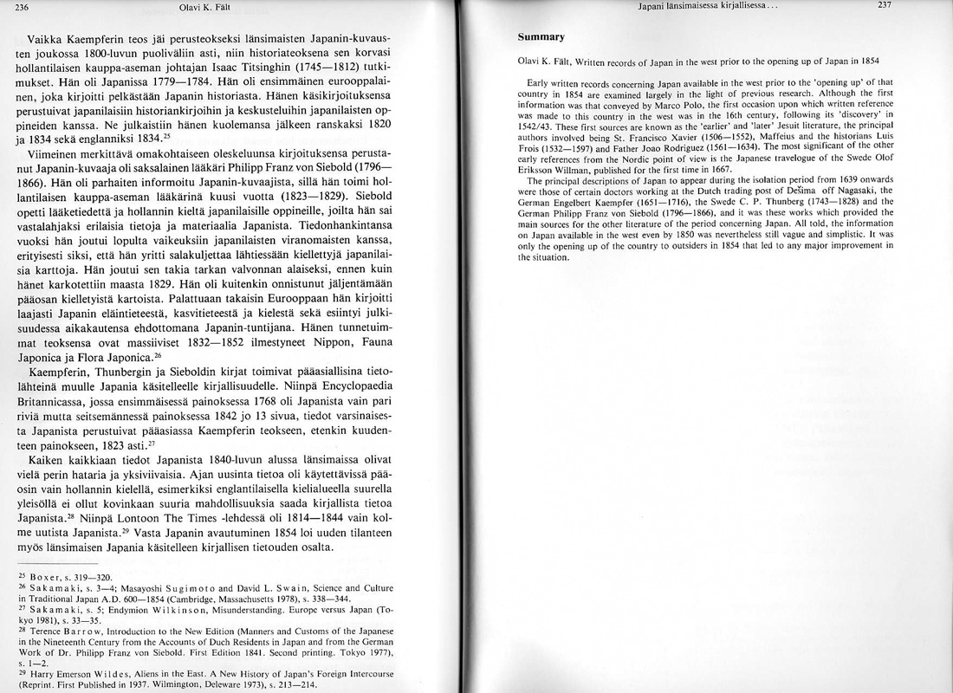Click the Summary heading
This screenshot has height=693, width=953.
(541, 37)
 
